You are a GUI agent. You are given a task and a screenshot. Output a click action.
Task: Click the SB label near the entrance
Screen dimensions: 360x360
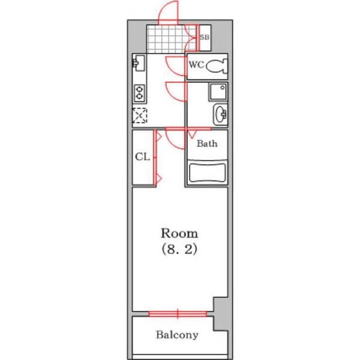(204, 37)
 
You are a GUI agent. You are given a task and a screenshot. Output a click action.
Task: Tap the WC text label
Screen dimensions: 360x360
(196, 65)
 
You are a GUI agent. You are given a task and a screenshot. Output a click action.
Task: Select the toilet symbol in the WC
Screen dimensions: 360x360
(217, 67)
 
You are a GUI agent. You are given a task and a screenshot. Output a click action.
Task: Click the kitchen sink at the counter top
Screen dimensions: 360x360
(139, 63)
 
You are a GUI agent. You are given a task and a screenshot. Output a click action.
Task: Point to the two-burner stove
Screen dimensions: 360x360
(139, 93)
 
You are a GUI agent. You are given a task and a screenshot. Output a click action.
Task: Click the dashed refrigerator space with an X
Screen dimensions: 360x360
(140, 115)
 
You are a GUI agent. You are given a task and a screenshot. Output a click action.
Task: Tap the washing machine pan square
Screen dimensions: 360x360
(218, 92)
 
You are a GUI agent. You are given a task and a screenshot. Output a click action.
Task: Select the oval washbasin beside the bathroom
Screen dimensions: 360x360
(220, 115)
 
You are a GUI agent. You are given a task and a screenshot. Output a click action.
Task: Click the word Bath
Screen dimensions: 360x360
(207, 144)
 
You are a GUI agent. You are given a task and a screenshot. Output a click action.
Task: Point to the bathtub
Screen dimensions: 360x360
(207, 172)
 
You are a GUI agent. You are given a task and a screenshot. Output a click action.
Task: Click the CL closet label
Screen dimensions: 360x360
(142, 157)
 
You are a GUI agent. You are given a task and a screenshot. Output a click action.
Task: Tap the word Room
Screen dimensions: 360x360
(179, 233)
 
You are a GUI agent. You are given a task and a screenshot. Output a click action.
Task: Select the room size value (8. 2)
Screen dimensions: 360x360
(179, 250)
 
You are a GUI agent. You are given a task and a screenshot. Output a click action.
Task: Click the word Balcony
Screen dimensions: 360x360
(177, 335)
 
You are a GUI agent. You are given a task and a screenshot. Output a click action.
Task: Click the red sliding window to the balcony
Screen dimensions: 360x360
(178, 314)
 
